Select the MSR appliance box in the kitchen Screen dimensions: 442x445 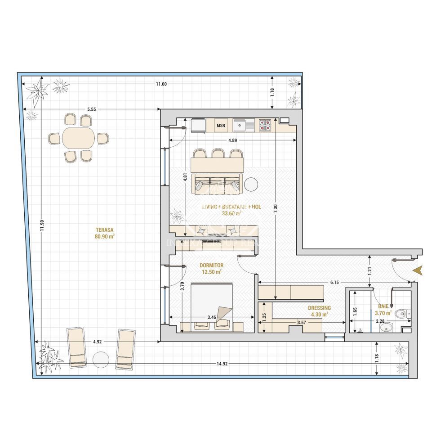[221, 125]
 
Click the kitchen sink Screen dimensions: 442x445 [243, 125]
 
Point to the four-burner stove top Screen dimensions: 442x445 [264, 125]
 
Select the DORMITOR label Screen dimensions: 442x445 [212, 266]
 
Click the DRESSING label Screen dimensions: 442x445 [319, 308]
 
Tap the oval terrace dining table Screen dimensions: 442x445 [79, 138]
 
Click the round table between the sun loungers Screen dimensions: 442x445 [101, 359]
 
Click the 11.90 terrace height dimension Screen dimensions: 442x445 [41, 225]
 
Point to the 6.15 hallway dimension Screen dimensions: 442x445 [334, 282]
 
